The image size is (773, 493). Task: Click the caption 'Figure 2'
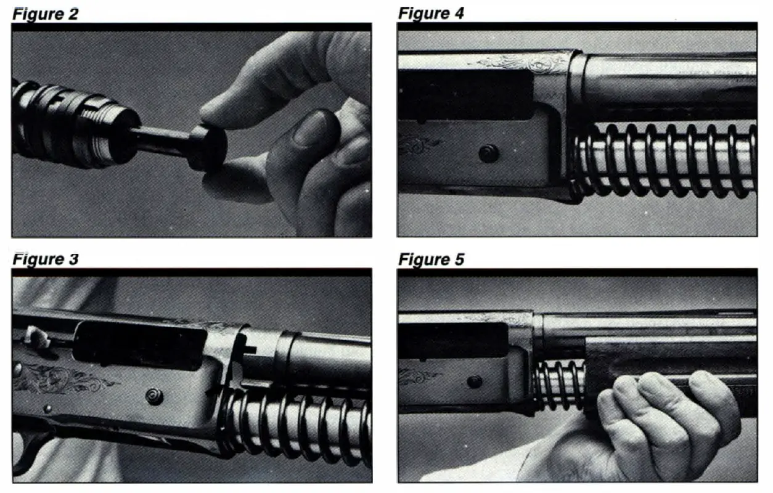pos(45,14)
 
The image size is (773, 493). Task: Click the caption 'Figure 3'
pos(45,259)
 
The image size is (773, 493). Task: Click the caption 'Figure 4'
pos(431,14)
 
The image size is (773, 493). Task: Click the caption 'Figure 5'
pos(431,259)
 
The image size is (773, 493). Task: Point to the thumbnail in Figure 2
pos(310,131)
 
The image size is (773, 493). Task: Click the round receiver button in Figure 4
pos(488,153)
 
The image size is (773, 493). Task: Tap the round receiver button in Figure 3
pos(155,397)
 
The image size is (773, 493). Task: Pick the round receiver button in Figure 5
pos(475,382)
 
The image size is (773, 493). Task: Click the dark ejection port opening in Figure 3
pos(140,345)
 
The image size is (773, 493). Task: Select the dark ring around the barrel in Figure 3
pos(285,357)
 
